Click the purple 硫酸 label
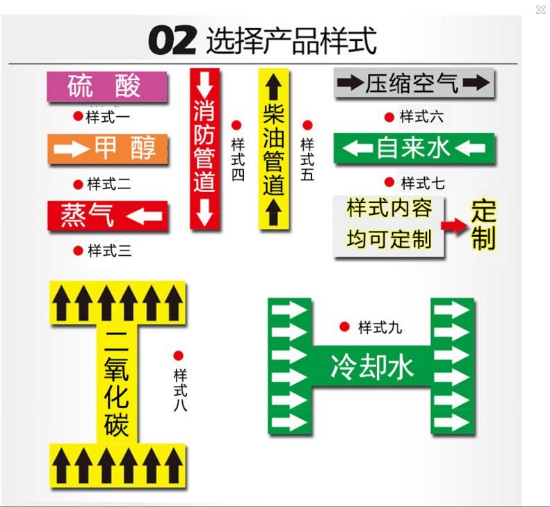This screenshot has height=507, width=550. tap(106, 86)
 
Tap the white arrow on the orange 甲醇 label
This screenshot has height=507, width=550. tap(70, 149)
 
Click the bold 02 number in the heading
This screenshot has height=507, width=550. tap(172, 41)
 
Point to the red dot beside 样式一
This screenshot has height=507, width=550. tap(77, 115)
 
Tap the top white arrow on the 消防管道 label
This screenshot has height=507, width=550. tap(204, 85)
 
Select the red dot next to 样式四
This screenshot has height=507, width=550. tap(236, 125)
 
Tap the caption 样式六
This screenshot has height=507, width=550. tap(421, 117)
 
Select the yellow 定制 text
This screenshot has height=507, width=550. tap(483, 224)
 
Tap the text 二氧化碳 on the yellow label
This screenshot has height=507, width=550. tap(117, 383)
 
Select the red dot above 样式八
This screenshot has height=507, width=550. tap(179, 355)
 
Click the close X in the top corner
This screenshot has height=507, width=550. tap(540, 10)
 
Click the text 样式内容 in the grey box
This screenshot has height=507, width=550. tap(389, 208)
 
